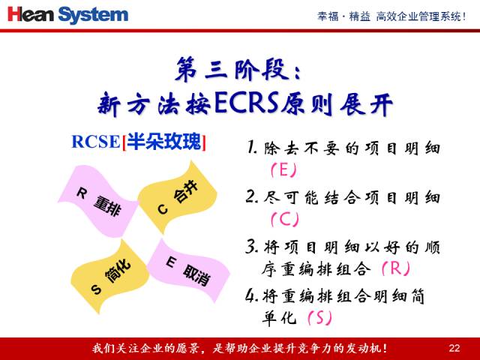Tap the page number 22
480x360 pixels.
point(454,347)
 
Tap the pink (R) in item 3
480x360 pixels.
point(395,268)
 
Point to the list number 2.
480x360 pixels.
point(252,197)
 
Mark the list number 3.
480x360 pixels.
point(252,246)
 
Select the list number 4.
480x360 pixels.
point(252,295)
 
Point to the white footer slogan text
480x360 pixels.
point(240,347)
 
